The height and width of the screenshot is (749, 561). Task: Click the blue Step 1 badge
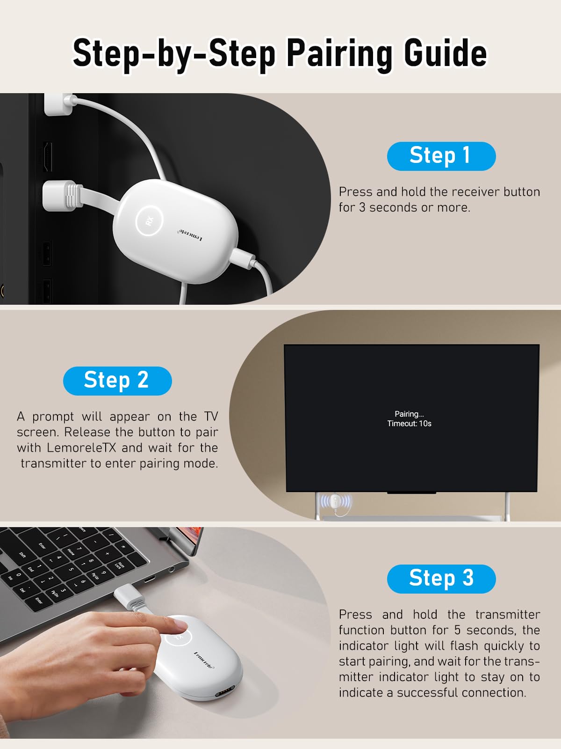(441, 156)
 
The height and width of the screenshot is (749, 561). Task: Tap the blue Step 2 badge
(117, 381)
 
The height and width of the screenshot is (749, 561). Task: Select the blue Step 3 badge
(441, 579)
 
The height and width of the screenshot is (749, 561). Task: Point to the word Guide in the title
(446, 52)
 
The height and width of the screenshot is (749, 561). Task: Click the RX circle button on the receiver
(149, 220)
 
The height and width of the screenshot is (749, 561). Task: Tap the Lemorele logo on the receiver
(191, 235)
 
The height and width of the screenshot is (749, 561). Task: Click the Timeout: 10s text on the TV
(409, 424)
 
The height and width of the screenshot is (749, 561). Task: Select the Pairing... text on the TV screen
(409, 414)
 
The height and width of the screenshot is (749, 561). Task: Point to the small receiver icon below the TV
(336, 502)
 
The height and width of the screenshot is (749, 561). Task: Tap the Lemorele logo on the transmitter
(204, 661)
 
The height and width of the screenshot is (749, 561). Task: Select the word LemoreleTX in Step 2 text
(81, 448)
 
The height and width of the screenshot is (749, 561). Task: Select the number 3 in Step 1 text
(362, 207)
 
